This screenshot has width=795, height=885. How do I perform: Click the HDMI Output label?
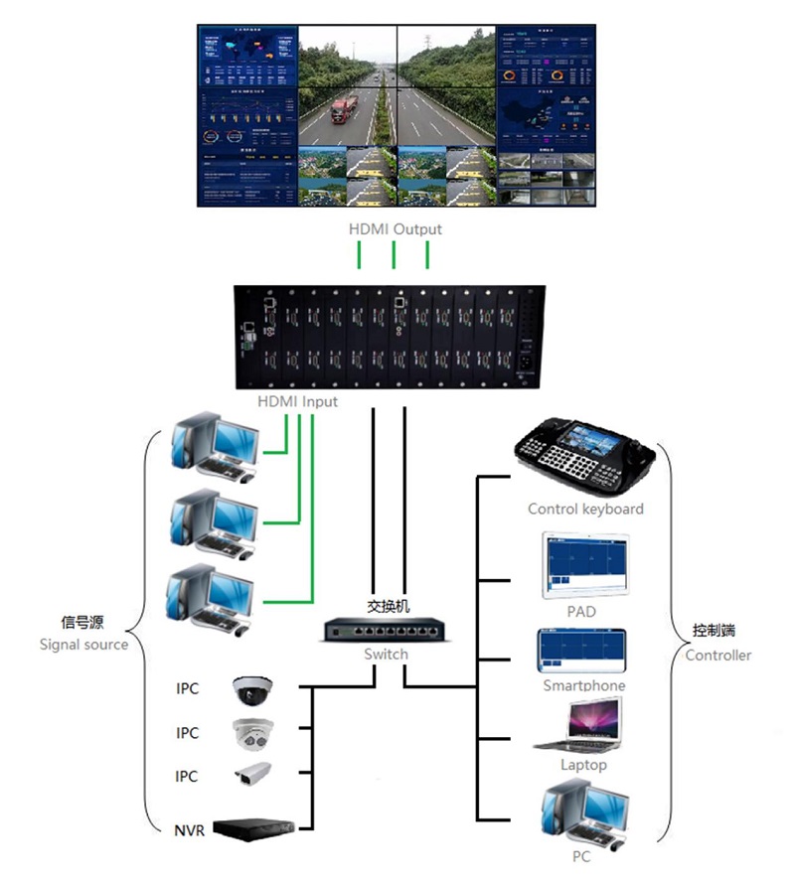(395, 229)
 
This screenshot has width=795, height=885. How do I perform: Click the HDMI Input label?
(297, 401)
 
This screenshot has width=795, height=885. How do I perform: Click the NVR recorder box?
(255, 827)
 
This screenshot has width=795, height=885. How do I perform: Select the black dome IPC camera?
(251, 687)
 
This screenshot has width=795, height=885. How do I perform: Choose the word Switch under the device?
(386, 655)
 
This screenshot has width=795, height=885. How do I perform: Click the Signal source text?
(83, 644)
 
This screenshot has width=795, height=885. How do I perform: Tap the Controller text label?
(718, 655)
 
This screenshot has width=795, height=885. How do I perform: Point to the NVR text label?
(190, 828)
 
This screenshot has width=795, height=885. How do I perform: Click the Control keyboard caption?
(585, 509)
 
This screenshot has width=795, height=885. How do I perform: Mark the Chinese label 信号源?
(82, 622)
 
